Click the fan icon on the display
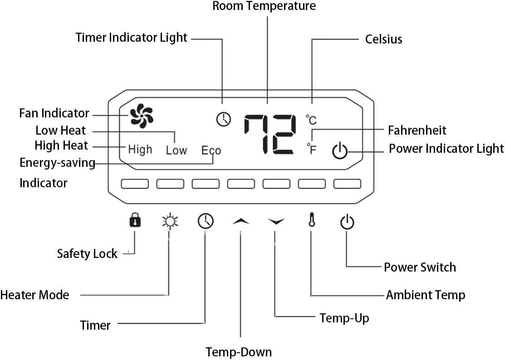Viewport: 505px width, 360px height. (142, 116)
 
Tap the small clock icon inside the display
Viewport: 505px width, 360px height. (223, 119)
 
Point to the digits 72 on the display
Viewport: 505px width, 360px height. (270, 134)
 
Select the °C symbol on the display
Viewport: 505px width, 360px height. (311, 120)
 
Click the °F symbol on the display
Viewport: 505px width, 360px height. (311, 149)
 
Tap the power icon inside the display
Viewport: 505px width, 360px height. (339, 151)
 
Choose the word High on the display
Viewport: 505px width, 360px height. (140, 149)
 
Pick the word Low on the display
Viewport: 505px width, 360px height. (176, 150)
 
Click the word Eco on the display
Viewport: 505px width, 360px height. (211, 150)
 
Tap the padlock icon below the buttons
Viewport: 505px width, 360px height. (135, 221)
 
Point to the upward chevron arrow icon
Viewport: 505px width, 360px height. (241, 221)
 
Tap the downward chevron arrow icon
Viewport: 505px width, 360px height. (276, 221)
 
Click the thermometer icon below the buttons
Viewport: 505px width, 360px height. (311, 221)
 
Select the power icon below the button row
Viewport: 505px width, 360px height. (347, 222)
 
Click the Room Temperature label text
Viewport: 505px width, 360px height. (264, 6)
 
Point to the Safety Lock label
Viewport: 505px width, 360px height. (87, 253)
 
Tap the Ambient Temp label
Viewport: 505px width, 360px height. (425, 295)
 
